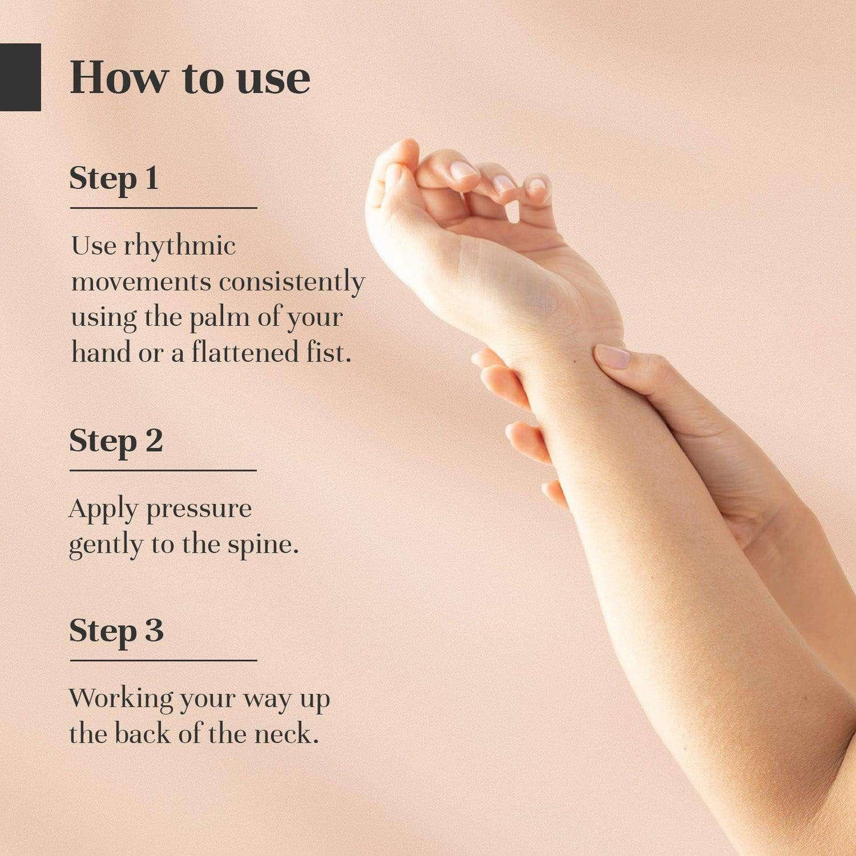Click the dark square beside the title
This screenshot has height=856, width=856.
click(x=20, y=77)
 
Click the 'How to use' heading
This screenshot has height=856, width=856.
click(x=190, y=79)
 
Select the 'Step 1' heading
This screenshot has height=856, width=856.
click(x=114, y=180)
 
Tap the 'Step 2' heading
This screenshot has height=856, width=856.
click(x=116, y=441)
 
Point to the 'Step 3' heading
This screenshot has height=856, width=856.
click(x=116, y=632)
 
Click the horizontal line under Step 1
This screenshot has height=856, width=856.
click(x=164, y=207)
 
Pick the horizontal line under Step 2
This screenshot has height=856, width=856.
click(x=163, y=470)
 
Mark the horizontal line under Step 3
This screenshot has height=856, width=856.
click(x=164, y=660)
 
